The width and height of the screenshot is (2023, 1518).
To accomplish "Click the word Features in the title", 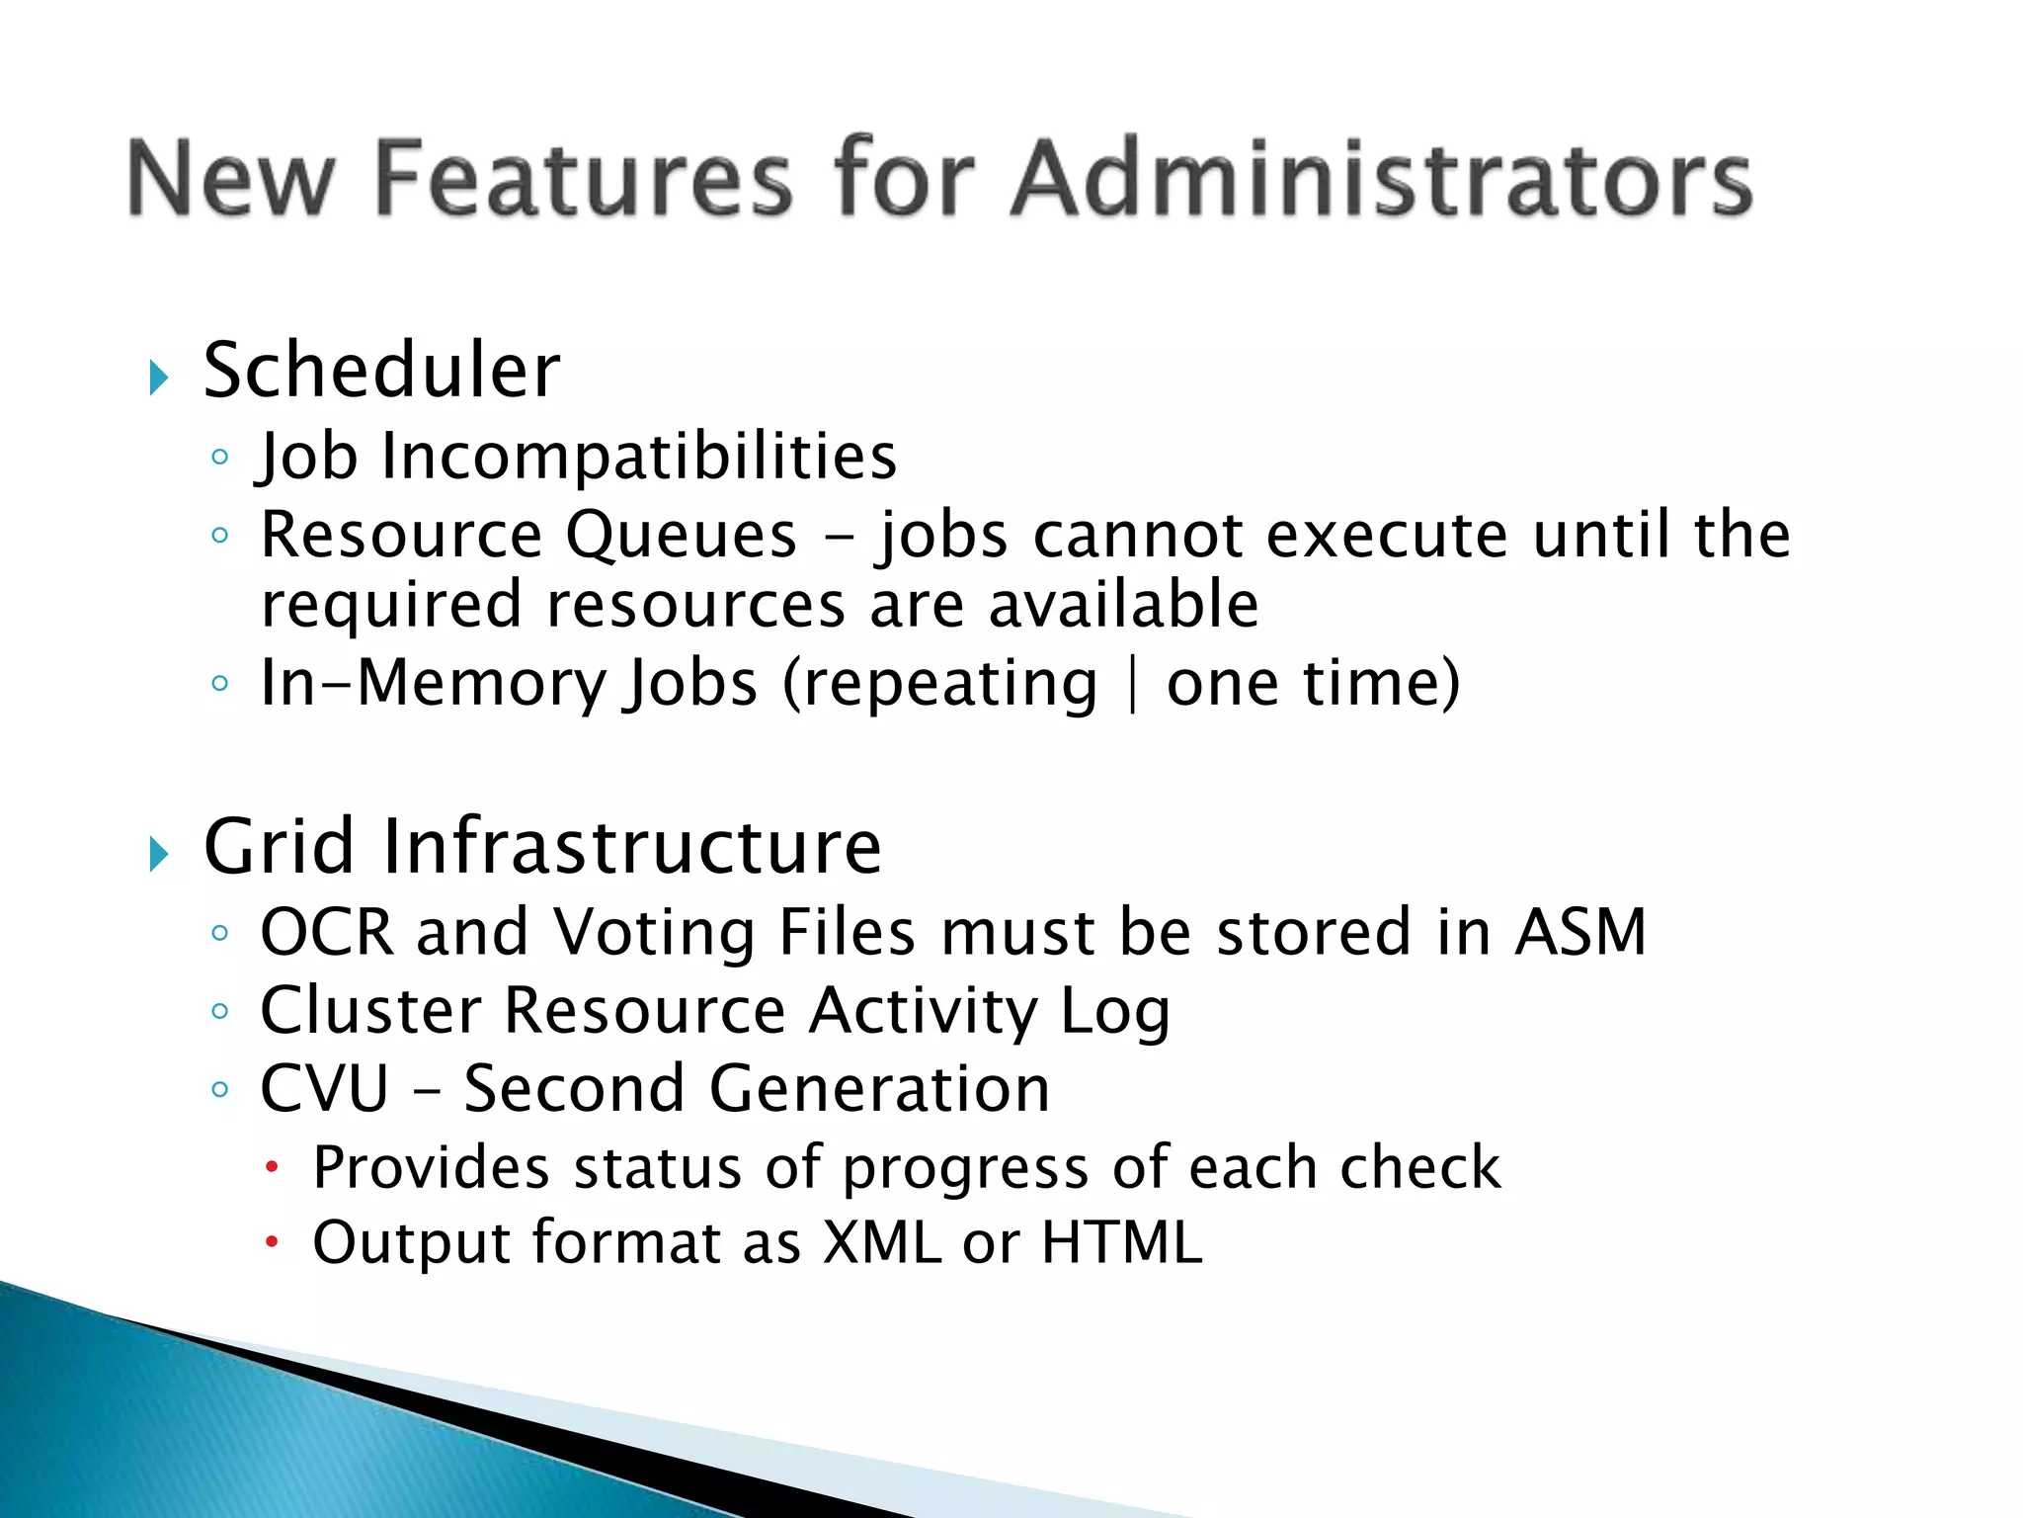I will point(584,178).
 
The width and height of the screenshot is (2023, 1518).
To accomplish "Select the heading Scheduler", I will point(381,371).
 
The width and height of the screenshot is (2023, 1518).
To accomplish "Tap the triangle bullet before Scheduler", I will point(158,378).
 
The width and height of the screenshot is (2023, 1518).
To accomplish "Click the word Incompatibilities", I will point(639,457).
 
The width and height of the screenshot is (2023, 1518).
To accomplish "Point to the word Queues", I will point(681,536).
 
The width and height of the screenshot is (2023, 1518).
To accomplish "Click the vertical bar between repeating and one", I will point(1132,684).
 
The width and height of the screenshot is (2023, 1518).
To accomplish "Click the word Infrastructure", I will point(632,847).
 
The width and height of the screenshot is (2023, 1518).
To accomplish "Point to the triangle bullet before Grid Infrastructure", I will point(158,854).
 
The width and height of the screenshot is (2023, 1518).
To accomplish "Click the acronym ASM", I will point(1580,932).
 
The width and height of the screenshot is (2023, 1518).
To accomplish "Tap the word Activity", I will point(923,1011).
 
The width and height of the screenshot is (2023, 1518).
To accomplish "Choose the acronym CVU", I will point(324,1089).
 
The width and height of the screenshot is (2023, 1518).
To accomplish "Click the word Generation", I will point(879,1089).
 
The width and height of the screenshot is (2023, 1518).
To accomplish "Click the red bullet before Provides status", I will point(273,1169).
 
